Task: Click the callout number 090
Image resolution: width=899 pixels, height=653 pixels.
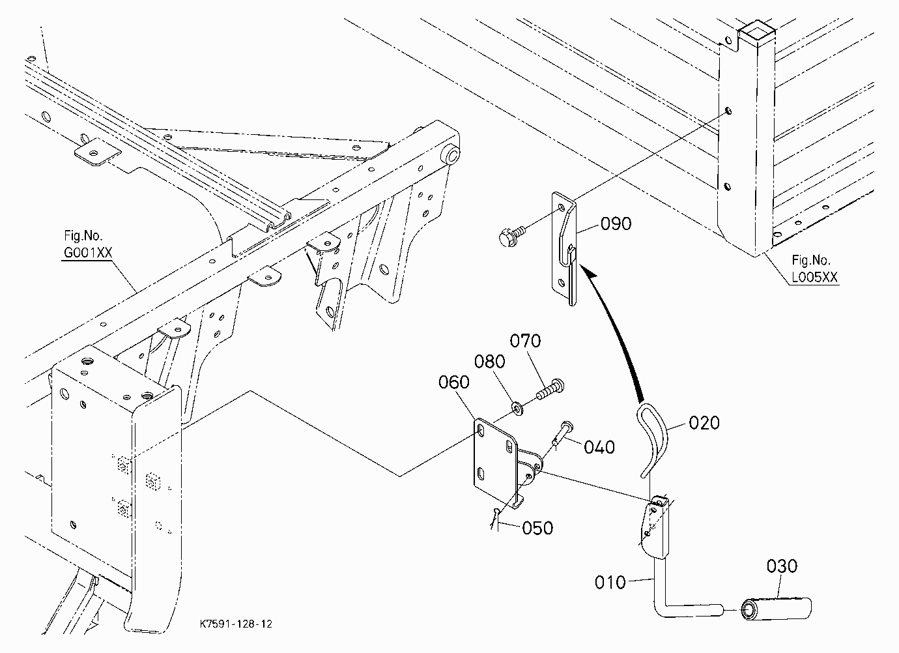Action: [x=616, y=224]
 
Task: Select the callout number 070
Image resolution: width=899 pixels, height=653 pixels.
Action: [x=525, y=341]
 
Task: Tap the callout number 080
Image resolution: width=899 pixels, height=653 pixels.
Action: [x=489, y=362]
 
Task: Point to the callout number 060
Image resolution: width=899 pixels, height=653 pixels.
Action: [x=453, y=382]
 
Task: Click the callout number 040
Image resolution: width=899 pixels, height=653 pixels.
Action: [x=599, y=447]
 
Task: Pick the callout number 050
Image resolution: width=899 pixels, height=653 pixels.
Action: [x=537, y=528]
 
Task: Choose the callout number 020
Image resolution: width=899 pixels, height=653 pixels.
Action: [x=704, y=423]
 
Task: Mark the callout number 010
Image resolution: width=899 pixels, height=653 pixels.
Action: [x=610, y=583]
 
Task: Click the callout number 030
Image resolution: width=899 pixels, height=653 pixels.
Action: [x=782, y=566]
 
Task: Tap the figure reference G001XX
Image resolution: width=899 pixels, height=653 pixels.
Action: [x=88, y=253]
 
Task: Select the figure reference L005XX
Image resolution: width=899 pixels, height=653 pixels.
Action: [x=815, y=277]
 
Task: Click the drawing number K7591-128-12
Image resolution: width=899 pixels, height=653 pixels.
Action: [x=236, y=624]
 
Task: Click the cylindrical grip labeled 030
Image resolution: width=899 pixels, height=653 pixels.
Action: [x=776, y=609]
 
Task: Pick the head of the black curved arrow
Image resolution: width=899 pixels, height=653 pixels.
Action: [x=589, y=274]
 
